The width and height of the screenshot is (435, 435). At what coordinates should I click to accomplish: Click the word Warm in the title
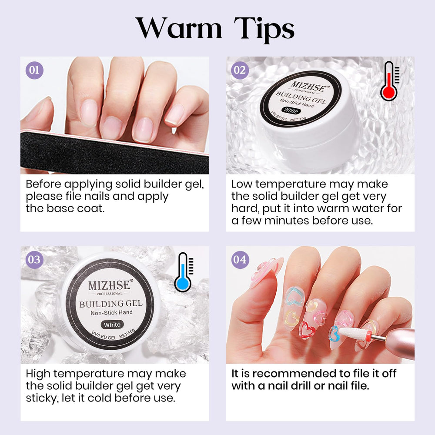(x=179, y=29)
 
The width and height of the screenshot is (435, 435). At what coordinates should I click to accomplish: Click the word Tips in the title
(x=264, y=30)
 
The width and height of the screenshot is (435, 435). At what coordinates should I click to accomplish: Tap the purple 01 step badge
(x=34, y=70)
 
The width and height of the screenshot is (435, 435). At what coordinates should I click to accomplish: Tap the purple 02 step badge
(x=240, y=70)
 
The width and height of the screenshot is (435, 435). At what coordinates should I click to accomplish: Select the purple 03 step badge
(x=34, y=260)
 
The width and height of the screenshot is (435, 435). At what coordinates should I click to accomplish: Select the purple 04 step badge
(x=240, y=260)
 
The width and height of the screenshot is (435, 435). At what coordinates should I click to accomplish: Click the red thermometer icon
(x=389, y=81)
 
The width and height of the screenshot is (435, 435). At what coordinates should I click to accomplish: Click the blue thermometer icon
(x=184, y=272)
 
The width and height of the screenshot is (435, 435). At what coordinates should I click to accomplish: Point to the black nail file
(x=114, y=154)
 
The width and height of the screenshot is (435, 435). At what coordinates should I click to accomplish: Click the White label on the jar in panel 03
(x=112, y=325)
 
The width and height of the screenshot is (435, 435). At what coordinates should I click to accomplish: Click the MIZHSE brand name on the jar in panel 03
(x=109, y=285)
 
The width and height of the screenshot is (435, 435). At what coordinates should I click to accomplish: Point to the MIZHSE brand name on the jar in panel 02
(x=308, y=86)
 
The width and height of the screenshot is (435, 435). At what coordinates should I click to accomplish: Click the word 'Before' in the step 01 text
(x=43, y=184)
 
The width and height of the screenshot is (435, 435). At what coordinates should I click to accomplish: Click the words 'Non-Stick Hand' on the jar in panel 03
(x=111, y=313)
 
